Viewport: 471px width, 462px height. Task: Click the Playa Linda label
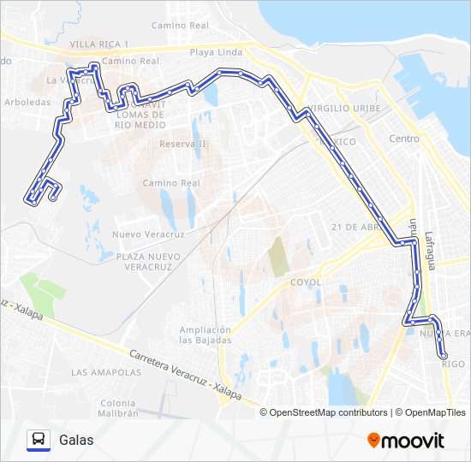tap(217, 52)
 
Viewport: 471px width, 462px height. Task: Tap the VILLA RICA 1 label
tap(99, 44)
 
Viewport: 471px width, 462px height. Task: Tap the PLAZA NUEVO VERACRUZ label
tap(149, 262)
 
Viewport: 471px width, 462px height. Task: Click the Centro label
tap(404, 139)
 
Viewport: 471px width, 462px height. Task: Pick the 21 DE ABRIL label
tap(354, 226)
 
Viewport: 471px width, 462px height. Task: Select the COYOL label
tap(305, 281)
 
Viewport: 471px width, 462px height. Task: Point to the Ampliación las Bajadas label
tap(206, 335)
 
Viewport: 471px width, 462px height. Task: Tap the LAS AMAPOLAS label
tap(106, 372)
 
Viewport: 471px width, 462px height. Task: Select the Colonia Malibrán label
tap(117, 408)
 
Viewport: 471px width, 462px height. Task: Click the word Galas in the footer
tap(77, 440)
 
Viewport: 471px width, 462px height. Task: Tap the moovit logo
tap(406, 441)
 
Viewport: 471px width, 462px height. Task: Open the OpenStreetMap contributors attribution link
tap(329, 412)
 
